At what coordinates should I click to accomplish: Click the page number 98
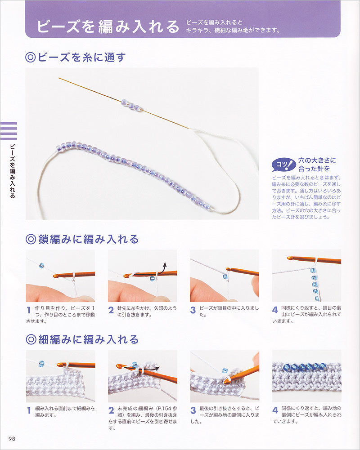12,439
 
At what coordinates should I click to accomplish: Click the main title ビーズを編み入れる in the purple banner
108,26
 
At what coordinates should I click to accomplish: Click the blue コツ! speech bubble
283,165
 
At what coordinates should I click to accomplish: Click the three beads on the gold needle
131,105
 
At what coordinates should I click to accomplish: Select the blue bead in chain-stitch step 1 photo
41,266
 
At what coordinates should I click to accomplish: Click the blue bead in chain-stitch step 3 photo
225,277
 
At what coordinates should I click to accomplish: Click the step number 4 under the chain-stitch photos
275,310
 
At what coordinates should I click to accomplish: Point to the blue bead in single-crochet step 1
41,364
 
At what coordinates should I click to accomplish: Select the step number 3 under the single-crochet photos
193,410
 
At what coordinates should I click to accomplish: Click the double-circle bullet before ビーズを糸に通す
31,58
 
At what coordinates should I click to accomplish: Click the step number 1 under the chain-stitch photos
29,310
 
